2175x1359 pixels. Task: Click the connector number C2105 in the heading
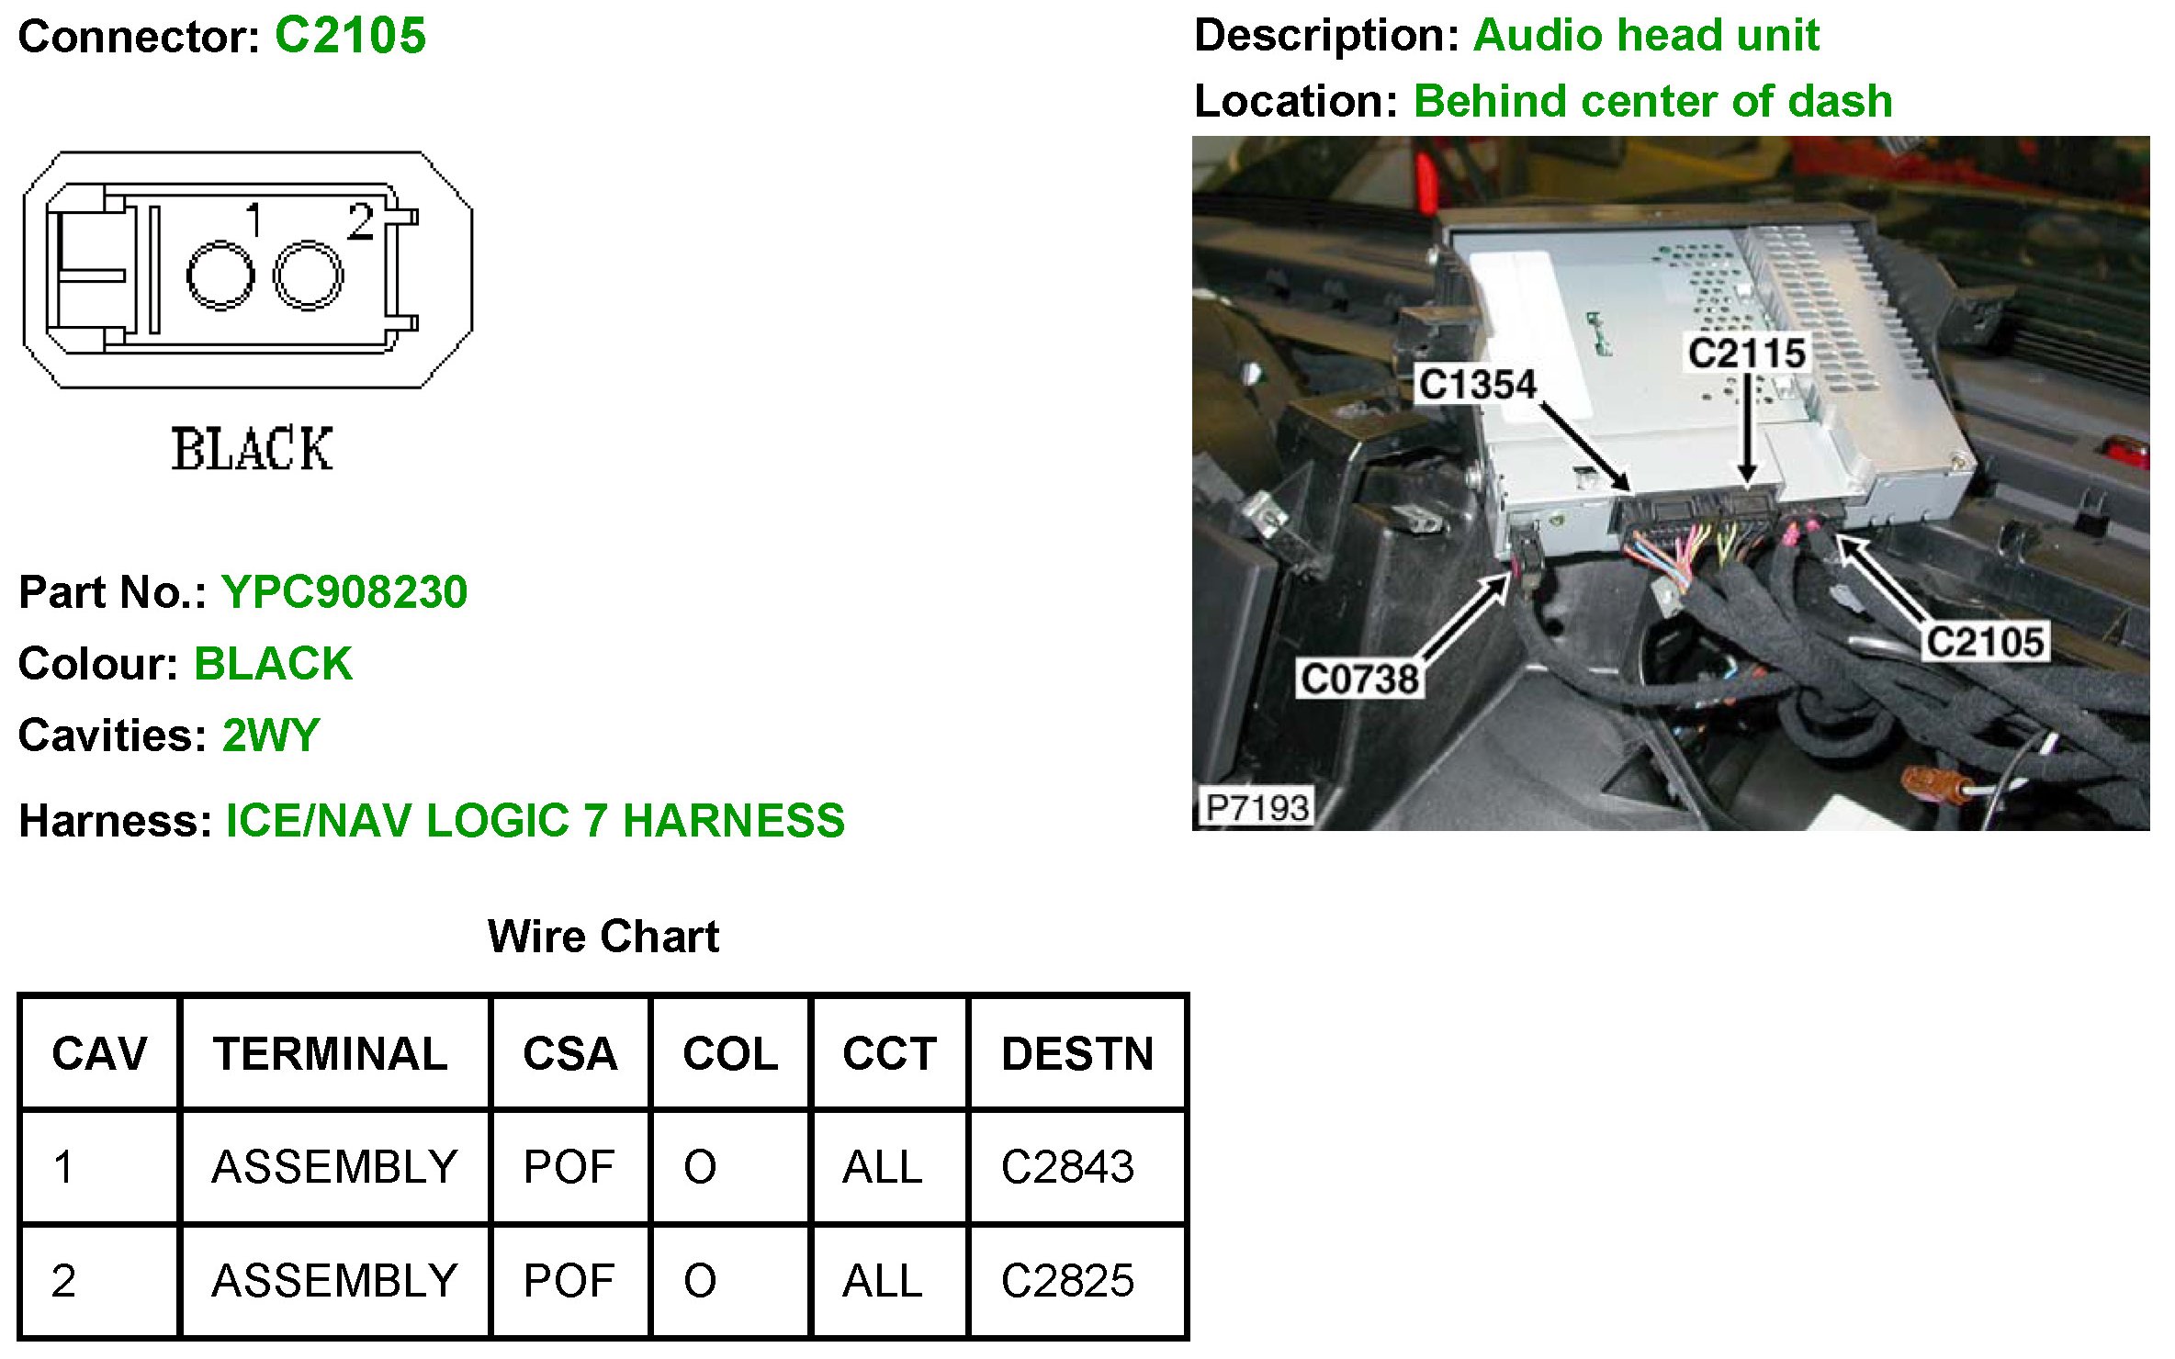click(350, 37)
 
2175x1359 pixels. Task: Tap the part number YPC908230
click(344, 592)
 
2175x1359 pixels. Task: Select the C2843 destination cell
click(1067, 1167)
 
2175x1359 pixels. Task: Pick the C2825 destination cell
click(1067, 1281)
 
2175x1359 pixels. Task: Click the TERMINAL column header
click(331, 1053)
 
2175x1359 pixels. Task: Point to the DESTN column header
click(1077, 1053)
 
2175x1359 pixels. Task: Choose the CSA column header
click(569, 1053)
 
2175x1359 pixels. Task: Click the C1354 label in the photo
click(1476, 384)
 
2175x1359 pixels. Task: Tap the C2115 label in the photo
click(1746, 354)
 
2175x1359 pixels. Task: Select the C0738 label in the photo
click(1359, 679)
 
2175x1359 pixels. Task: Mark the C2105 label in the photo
click(1984, 643)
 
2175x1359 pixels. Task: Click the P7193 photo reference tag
click(1257, 808)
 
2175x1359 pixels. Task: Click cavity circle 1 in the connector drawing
click(220, 275)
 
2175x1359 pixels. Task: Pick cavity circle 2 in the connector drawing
click(308, 275)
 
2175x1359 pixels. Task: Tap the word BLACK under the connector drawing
click(252, 449)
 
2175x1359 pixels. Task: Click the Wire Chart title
click(603, 937)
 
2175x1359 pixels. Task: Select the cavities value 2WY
click(271, 736)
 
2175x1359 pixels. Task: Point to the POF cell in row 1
click(569, 1167)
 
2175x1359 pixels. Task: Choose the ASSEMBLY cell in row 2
click(334, 1281)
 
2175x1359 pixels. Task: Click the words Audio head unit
click(1646, 36)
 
